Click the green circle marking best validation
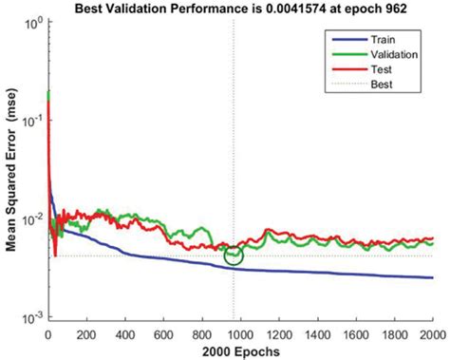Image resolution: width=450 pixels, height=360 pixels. [234, 255]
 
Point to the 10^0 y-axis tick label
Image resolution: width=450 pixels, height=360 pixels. [33, 22]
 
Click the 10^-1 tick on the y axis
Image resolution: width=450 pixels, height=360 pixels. [33, 121]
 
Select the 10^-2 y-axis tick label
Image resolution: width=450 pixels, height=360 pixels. [33, 220]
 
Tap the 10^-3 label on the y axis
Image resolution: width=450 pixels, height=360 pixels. [33, 319]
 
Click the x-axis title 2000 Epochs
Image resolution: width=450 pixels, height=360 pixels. [240, 351]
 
